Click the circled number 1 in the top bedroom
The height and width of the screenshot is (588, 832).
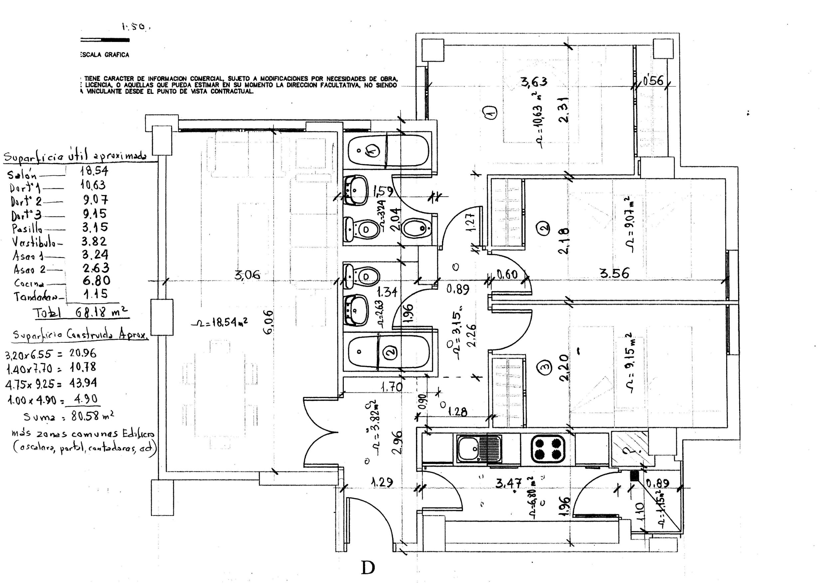(x=491, y=112)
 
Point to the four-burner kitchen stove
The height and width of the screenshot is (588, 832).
(x=548, y=449)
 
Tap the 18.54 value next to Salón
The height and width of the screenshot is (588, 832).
(x=94, y=171)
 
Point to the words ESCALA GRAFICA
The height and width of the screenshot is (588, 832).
(x=104, y=55)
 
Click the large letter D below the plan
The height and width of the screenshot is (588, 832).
(x=368, y=568)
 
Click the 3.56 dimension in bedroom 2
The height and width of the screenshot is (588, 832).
(x=615, y=273)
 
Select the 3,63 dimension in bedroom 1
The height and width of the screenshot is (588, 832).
(x=534, y=82)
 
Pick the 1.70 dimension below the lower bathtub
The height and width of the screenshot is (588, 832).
(x=391, y=387)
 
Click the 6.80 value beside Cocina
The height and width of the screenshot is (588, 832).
(x=96, y=281)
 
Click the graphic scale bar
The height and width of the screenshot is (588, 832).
(x=105, y=40)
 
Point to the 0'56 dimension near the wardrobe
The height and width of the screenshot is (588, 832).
(x=653, y=81)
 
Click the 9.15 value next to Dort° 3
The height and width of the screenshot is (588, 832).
(x=95, y=213)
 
